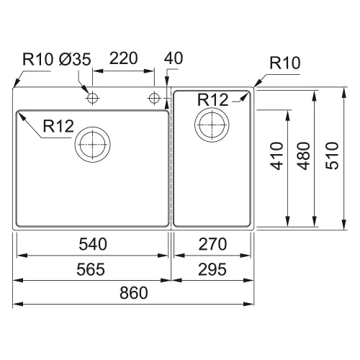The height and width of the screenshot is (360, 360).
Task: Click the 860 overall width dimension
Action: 134,292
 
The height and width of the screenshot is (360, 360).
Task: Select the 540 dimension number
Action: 93,244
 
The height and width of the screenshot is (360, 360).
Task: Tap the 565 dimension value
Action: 91,269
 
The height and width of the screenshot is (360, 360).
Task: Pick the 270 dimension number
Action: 212,244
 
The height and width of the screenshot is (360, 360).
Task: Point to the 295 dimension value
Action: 212,269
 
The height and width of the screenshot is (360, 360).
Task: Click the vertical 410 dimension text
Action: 276,156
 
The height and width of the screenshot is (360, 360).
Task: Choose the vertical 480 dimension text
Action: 304,156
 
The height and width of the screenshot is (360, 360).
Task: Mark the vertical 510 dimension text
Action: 332,156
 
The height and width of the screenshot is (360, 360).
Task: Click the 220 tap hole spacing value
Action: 124,58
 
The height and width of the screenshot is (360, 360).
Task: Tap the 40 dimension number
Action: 174,58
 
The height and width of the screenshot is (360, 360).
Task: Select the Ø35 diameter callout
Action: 75,59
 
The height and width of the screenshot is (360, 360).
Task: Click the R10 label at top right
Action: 285,63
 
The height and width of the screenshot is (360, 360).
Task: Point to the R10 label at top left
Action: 37,59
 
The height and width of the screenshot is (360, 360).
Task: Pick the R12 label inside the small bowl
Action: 212,99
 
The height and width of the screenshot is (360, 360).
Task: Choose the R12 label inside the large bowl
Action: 58,126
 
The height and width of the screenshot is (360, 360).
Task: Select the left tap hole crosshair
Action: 92,98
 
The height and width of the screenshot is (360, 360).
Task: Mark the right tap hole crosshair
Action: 154,98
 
